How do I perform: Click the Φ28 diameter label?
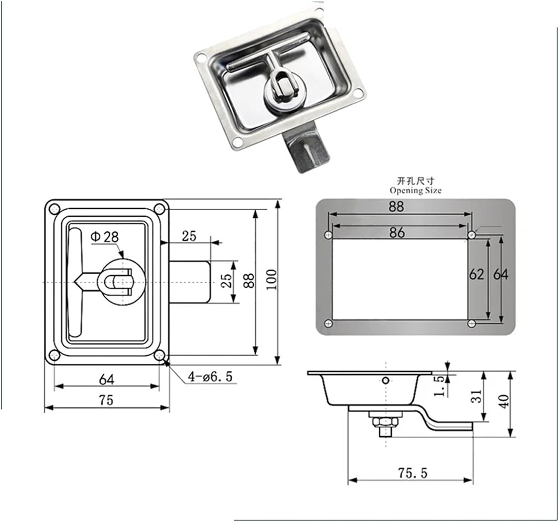click(105, 237)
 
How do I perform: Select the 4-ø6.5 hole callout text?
click(210, 377)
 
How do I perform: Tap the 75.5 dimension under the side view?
click(413, 473)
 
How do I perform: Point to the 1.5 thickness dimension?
click(440, 386)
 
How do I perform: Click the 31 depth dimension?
click(477, 396)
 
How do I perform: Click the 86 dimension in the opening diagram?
click(397, 232)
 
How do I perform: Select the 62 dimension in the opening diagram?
click(476, 275)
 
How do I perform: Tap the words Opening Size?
click(416, 190)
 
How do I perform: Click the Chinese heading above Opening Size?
click(416, 181)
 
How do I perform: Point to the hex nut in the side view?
click(386, 422)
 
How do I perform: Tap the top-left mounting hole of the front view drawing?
click(55, 209)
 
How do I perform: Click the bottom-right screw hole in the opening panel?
click(472, 323)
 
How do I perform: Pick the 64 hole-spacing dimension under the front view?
click(107, 380)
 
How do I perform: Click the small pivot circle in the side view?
click(386, 380)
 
